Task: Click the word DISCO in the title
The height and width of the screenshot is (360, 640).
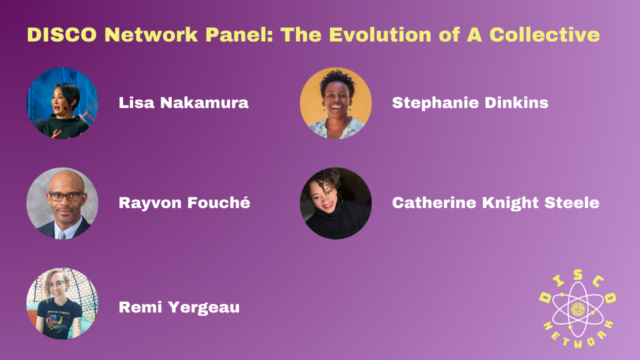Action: tap(62, 35)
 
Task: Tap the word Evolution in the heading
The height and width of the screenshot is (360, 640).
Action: tap(380, 35)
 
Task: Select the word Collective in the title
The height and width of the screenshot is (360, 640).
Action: tap(544, 35)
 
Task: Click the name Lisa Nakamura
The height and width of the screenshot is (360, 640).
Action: tap(183, 102)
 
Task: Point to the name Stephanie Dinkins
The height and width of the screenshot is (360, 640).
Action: tap(470, 103)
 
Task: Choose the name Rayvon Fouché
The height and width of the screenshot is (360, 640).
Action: tap(184, 203)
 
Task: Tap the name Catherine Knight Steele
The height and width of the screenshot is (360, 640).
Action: tap(495, 203)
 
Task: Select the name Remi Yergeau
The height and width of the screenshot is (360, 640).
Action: tap(179, 307)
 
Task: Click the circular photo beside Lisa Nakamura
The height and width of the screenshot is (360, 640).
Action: tap(62, 103)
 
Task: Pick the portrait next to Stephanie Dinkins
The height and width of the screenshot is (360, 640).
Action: tap(335, 103)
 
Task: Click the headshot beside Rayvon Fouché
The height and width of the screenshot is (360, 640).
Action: tap(62, 203)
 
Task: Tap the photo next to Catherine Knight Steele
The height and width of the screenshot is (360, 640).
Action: tap(335, 203)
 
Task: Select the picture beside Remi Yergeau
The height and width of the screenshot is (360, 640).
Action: tap(62, 303)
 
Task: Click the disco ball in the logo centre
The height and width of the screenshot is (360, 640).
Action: tap(577, 309)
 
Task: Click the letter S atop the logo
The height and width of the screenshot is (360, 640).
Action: tap(577, 275)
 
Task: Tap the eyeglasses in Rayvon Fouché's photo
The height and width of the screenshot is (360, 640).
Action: tap(65, 196)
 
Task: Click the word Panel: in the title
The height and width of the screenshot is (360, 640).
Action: tap(239, 35)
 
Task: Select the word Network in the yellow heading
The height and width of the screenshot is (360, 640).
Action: tap(151, 35)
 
